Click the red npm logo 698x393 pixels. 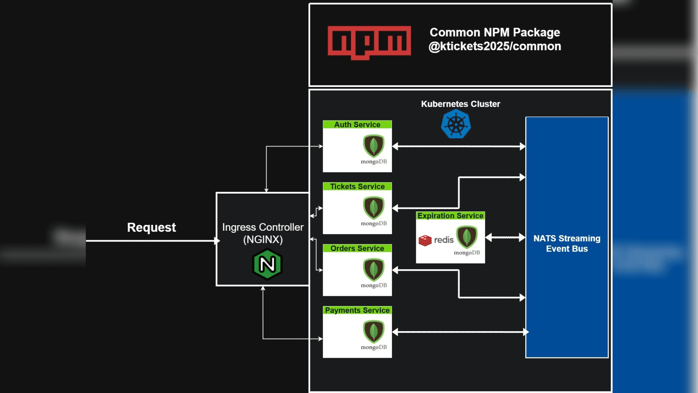(x=369, y=42)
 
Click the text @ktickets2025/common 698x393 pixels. (x=495, y=47)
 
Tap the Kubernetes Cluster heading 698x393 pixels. (x=460, y=104)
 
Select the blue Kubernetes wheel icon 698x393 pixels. (x=456, y=125)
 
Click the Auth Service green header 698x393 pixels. (x=357, y=124)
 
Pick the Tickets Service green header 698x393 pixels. (x=357, y=186)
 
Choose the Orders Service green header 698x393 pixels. (x=357, y=248)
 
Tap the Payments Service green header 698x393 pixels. (x=357, y=310)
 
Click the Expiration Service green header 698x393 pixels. (x=450, y=215)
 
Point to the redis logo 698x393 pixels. (x=436, y=240)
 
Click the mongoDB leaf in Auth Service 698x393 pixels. (x=374, y=146)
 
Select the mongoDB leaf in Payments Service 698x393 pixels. (x=374, y=331)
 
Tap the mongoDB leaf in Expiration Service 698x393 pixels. (x=467, y=237)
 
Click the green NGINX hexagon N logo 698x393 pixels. (x=267, y=264)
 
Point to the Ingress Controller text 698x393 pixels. (x=262, y=227)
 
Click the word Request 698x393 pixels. (x=151, y=227)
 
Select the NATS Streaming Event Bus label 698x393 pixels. (x=566, y=243)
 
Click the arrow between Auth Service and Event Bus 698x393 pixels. (x=459, y=146)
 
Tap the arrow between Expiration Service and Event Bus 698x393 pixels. (x=505, y=237)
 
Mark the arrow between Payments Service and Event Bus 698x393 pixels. (x=460, y=332)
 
